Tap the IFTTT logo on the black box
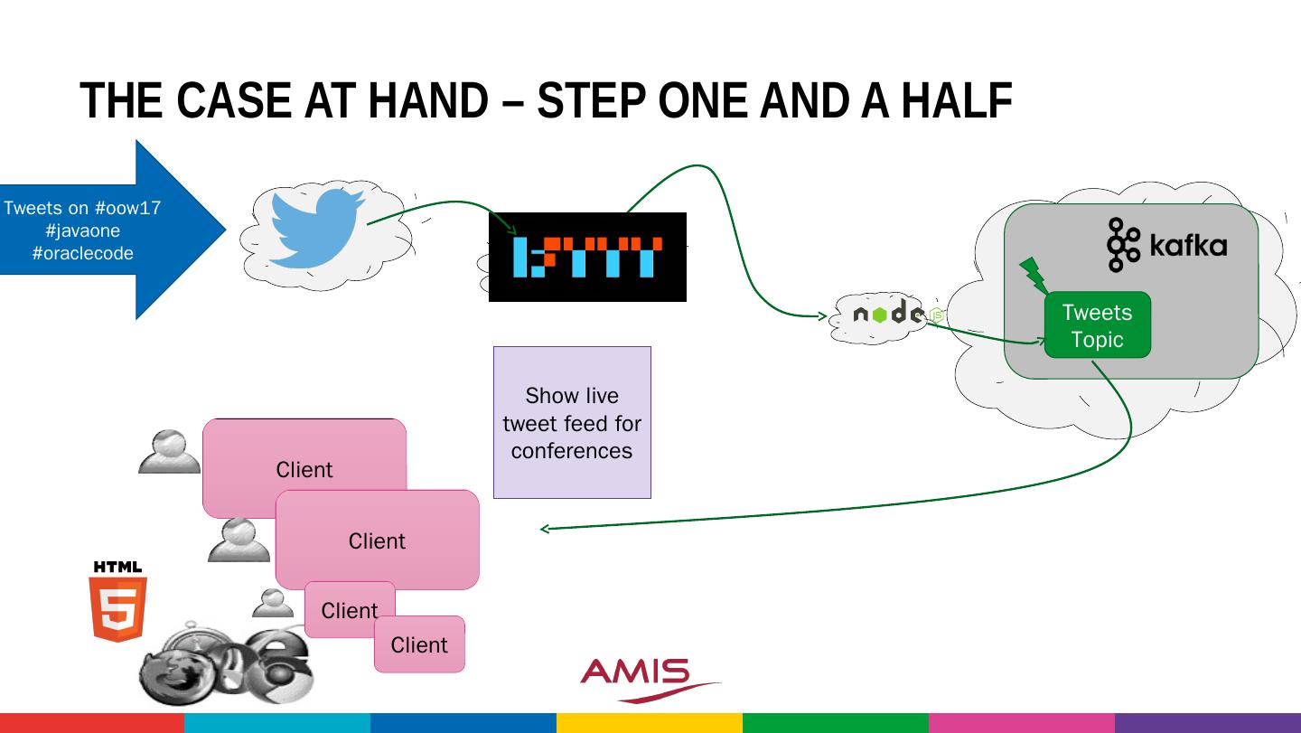pyautogui.click(x=587, y=257)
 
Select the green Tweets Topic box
pyautogui.click(x=1097, y=325)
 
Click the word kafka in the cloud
pyautogui.click(x=1188, y=245)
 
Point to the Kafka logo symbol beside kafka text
pyautogui.click(x=1124, y=245)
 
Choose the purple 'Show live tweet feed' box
pyautogui.click(x=572, y=422)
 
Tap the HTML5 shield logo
pyautogui.click(x=117, y=602)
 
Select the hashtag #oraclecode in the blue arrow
pyautogui.click(x=83, y=253)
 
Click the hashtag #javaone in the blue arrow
pyautogui.click(x=83, y=230)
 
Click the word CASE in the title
pyautogui.click(x=235, y=100)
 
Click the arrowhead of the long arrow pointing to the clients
pyautogui.click(x=543, y=529)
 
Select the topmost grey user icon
pyautogui.click(x=169, y=451)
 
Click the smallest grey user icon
pyautogui.click(x=272, y=603)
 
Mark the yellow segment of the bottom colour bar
pyautogui.click(x=649, y=723)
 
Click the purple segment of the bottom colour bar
pyautogui.click(x=1208, y=723)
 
